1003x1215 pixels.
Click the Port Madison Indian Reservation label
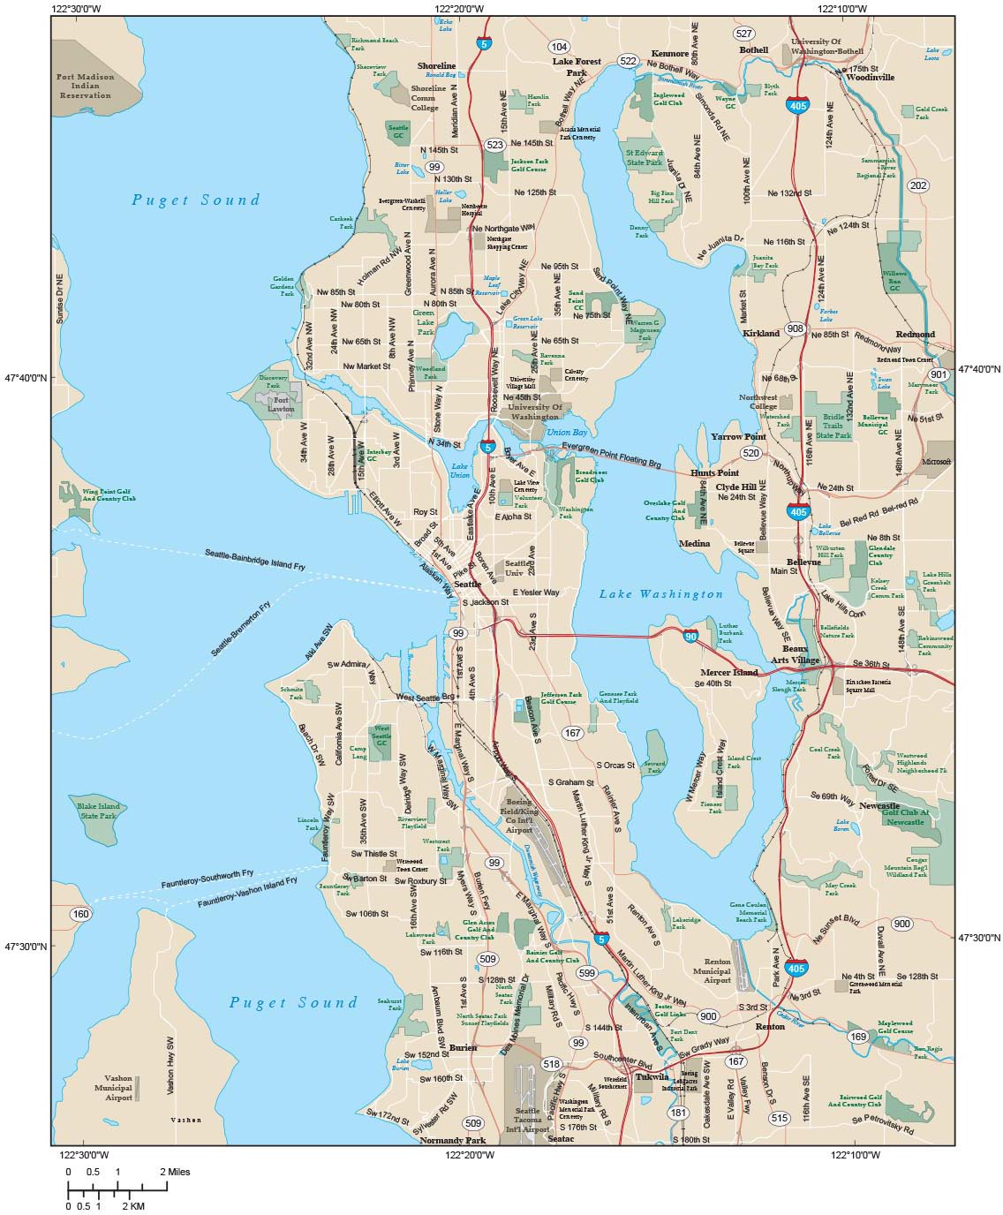(x=85, y=86)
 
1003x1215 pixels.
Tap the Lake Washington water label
(x=660, y=594)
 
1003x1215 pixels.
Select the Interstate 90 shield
(x=690, y=636)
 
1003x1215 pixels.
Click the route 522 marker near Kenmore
(x=628, y=61)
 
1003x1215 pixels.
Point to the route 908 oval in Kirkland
(x=796, y=328)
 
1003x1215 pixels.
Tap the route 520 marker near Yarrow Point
(x=750, y=453)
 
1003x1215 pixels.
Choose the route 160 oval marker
(x=81, y=914)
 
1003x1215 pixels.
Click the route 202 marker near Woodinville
(x=918, y=185)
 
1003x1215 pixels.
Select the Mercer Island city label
(x=729, y=672)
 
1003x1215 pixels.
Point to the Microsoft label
(x=936, y=462)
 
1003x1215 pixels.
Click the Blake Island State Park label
(x=98, y=811)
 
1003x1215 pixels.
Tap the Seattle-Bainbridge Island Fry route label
(x=255, y=559)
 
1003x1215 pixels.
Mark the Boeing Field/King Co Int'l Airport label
(x=519, y=816)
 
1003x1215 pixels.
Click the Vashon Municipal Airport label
(x=118, y=1088)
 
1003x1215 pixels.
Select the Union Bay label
(x=566, y=433)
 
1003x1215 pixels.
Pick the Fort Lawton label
(x=281, y=404)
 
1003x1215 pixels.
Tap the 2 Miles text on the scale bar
(x=175, y=1172)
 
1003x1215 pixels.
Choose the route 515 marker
(x=779, y=1118)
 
